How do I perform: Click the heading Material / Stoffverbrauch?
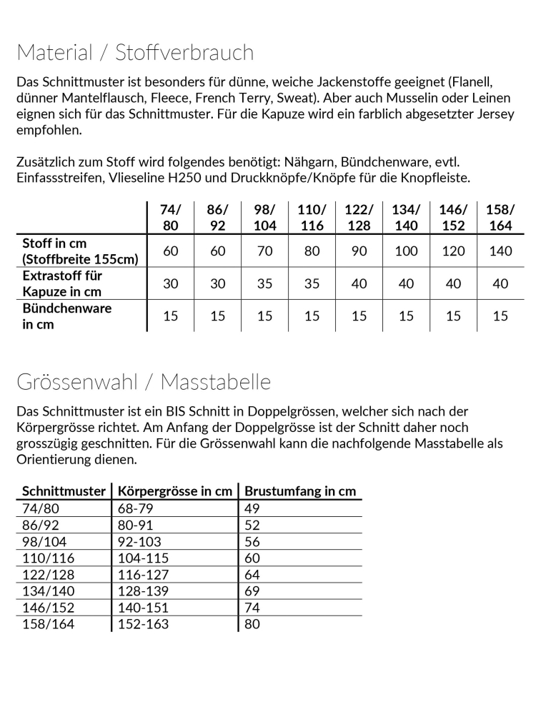point(135,53)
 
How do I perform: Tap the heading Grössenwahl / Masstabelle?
point(144,382)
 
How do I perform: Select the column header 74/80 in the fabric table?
point(171,217)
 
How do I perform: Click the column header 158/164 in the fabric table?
point(500,217)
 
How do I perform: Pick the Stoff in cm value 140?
point(500,251)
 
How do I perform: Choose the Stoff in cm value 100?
point(406,251)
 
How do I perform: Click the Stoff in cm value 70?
point(264,251)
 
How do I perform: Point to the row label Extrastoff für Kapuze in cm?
point(63,283)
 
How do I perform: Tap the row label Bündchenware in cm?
point(67,316)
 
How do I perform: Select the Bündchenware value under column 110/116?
point(312,316)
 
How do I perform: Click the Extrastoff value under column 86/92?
point(218,283)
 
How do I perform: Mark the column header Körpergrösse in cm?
point(175,491)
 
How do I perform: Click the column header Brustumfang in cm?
point(300,491)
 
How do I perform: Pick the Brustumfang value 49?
point(252,508)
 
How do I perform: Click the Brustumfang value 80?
point(252,624)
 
